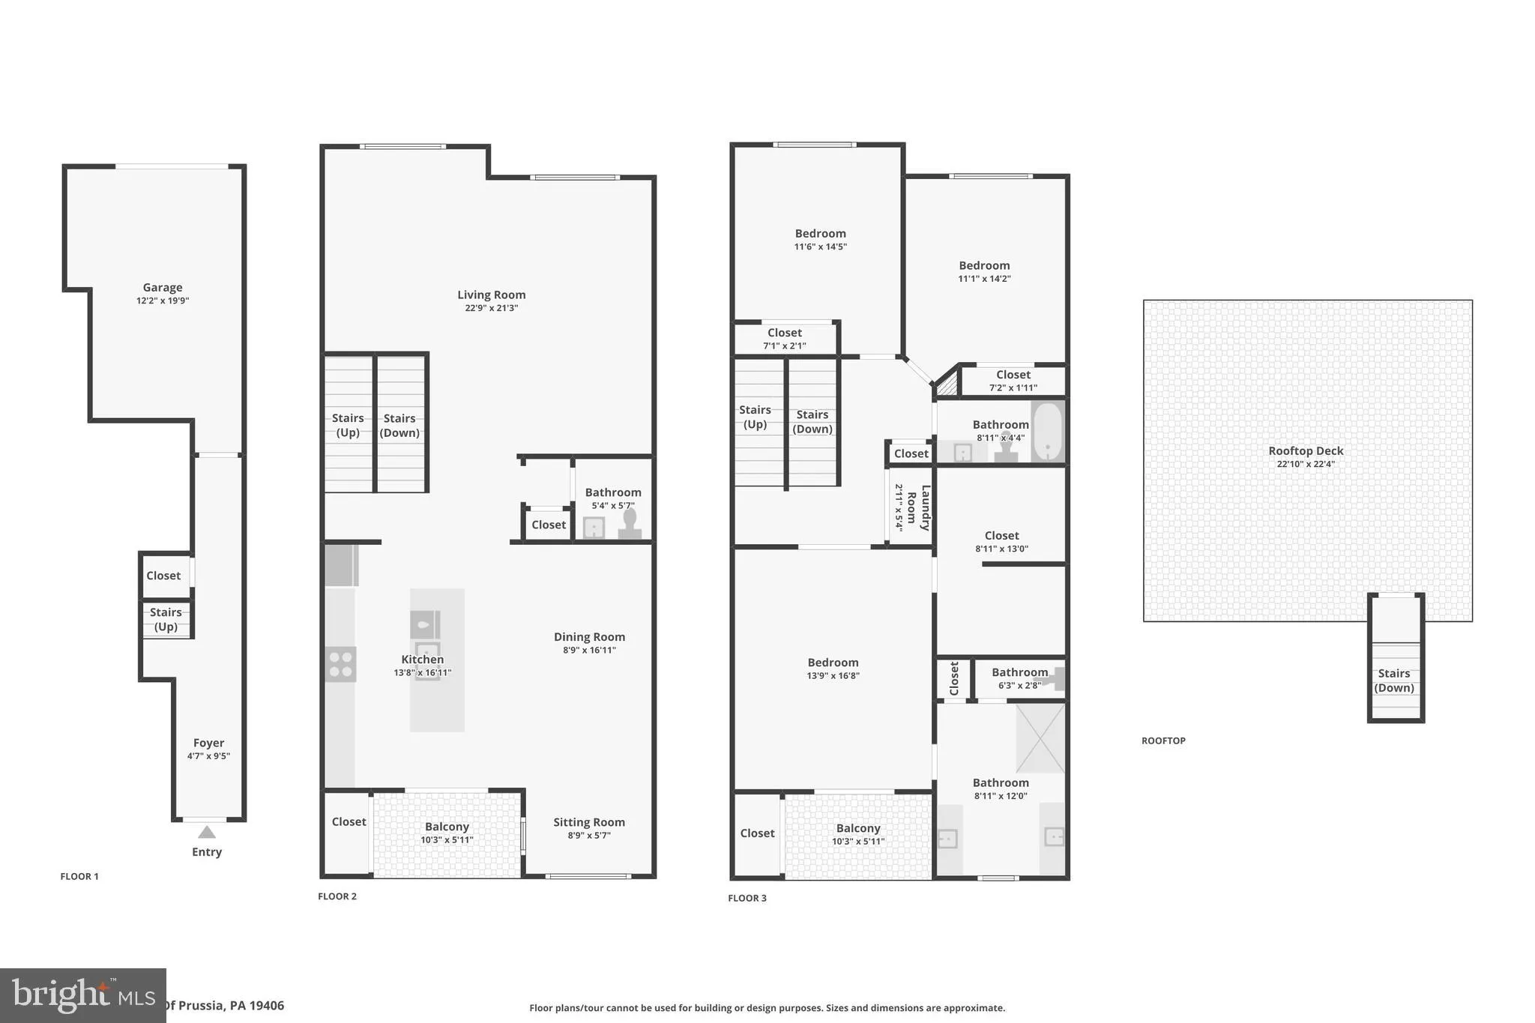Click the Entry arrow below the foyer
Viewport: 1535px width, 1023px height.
pos(207,832)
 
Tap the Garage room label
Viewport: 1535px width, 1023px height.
pos(163,288)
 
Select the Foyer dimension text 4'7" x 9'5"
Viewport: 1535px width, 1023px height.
pos(208,756)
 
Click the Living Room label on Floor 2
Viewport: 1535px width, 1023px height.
pos(491,295)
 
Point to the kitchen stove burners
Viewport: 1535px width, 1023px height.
pos(341,664)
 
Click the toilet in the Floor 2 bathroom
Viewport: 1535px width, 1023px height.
pos(630,523)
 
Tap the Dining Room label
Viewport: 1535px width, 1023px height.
pos(589,637)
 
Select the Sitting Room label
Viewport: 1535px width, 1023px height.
pos(589,822)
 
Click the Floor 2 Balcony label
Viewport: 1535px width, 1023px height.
pos(447,827)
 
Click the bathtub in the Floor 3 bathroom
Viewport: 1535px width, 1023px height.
pos(1047,432)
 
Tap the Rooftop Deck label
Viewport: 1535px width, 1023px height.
pos(1306,451)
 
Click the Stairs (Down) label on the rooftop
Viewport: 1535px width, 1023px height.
pos(1394,681)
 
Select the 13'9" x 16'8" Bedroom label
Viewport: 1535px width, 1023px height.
pos(833,663)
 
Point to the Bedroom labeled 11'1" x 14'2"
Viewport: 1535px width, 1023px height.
pos(984,265)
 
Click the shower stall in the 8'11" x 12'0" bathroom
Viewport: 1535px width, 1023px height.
pos(1040,737)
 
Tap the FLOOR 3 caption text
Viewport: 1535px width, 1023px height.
pos(747,898)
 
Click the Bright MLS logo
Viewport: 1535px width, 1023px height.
pos(82,995)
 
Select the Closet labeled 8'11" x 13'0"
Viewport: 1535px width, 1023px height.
pos(1001,536)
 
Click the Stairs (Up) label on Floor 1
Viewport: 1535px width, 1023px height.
pos(166,619)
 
